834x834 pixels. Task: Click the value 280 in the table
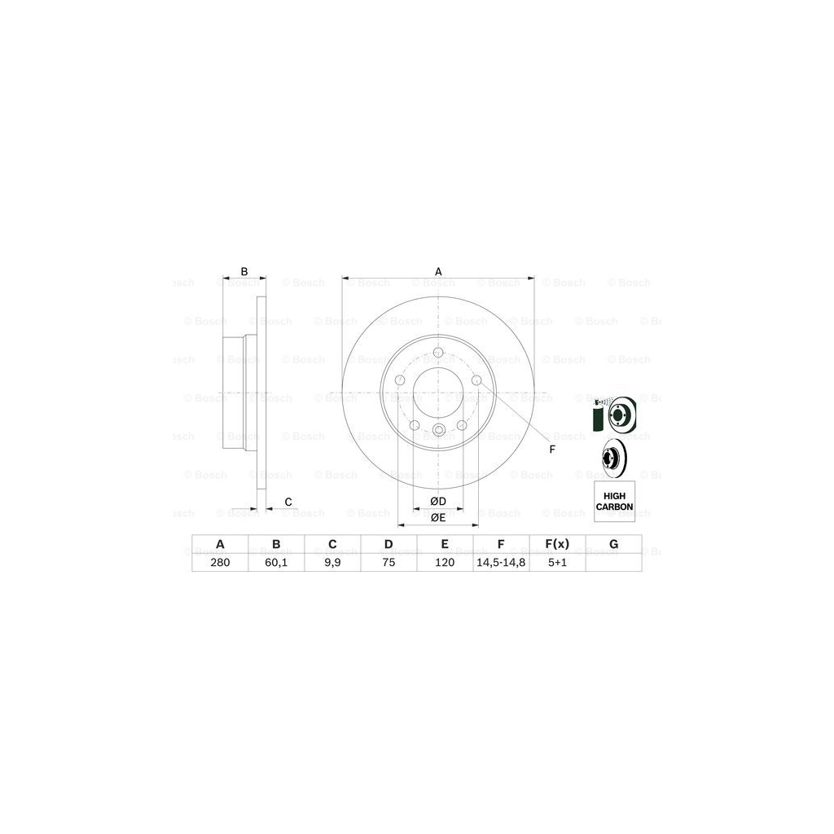(x=219, y=561)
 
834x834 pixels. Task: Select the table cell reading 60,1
(x=276, y=561)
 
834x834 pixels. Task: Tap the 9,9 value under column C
(x=331, y=561)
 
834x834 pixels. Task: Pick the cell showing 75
(x=388, y=561)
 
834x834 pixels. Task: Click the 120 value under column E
(x=445, y=561)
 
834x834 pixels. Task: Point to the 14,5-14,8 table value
(x=501, y=561)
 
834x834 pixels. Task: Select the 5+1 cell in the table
(x=557, y=561)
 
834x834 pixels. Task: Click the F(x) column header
(x=557, y=544)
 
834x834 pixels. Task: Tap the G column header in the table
(x=614, y=544)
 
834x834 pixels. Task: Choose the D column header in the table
(x=388, y=544)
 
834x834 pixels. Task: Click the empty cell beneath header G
(x=614, y=561)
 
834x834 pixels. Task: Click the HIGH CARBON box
(x=614, y=501)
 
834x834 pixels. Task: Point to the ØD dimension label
(x=437, y=500)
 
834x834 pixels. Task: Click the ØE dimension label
(x=437, y=517)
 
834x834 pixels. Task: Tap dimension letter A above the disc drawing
(x=437, y=271)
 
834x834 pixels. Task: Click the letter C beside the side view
(x=288, y=501)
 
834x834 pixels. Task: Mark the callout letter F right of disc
(x=551, y=450)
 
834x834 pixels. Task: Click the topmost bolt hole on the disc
(x=437, y=353)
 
